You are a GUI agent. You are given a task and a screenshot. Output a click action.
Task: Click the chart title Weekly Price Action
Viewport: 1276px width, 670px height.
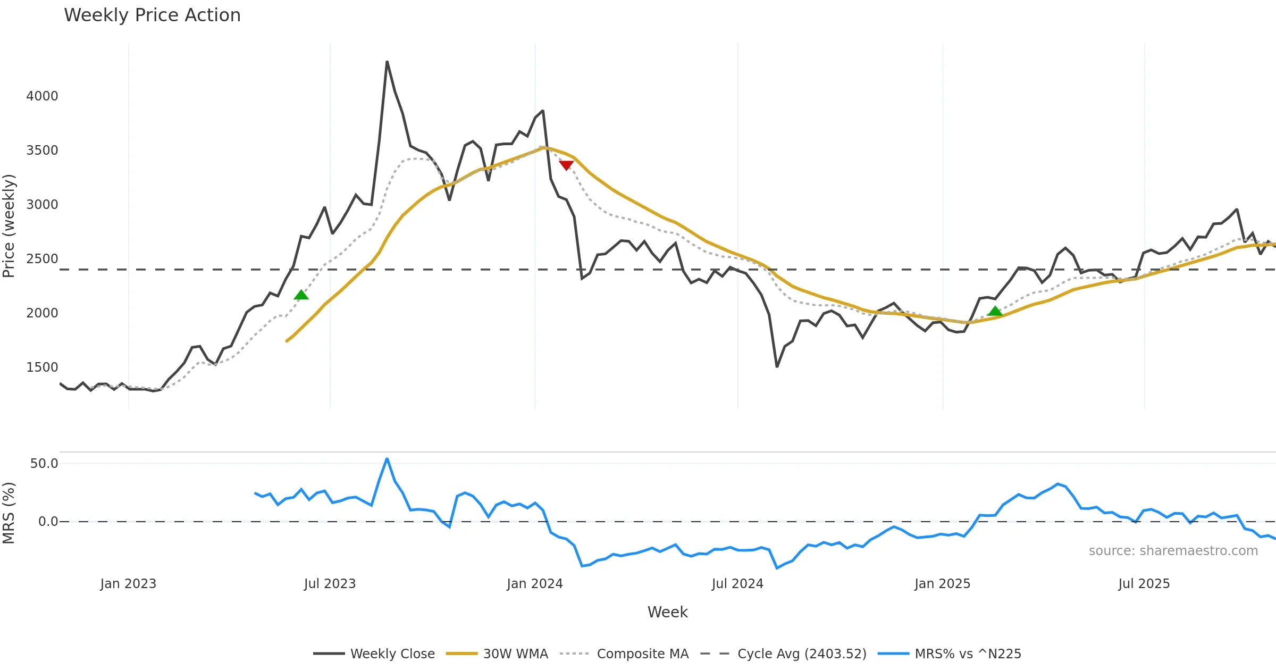(152, 15)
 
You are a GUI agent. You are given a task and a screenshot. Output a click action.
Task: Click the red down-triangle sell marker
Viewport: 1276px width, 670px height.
(566, 165)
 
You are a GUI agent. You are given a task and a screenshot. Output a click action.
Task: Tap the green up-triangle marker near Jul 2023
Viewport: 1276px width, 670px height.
(301, 295)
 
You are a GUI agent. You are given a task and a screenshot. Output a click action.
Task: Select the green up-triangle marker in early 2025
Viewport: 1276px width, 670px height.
(995, 311)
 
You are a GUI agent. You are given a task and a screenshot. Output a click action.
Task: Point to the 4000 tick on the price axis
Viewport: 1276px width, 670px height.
(42, 96)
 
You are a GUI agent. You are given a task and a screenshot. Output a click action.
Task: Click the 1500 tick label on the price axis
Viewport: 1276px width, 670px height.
(42, 367)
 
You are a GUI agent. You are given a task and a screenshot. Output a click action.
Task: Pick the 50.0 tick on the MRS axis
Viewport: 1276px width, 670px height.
(44, 464)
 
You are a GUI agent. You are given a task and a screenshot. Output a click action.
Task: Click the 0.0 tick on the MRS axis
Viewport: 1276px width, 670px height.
(48, 522)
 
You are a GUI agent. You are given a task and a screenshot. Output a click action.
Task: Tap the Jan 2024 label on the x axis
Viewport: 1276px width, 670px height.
(535, 584)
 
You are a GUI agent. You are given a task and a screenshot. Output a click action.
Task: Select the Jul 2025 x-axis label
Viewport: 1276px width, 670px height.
(1144, 584)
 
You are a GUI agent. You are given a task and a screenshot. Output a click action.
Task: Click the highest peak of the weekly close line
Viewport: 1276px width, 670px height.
(387, 62)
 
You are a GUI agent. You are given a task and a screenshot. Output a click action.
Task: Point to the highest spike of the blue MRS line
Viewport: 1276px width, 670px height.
(387, 458)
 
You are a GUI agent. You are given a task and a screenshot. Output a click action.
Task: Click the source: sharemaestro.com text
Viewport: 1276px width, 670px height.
(1173, 551)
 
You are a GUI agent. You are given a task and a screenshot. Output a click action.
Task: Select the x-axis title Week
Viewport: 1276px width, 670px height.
(667, 613)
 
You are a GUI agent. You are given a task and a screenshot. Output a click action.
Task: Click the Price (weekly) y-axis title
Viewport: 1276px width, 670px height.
(9, 226)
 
